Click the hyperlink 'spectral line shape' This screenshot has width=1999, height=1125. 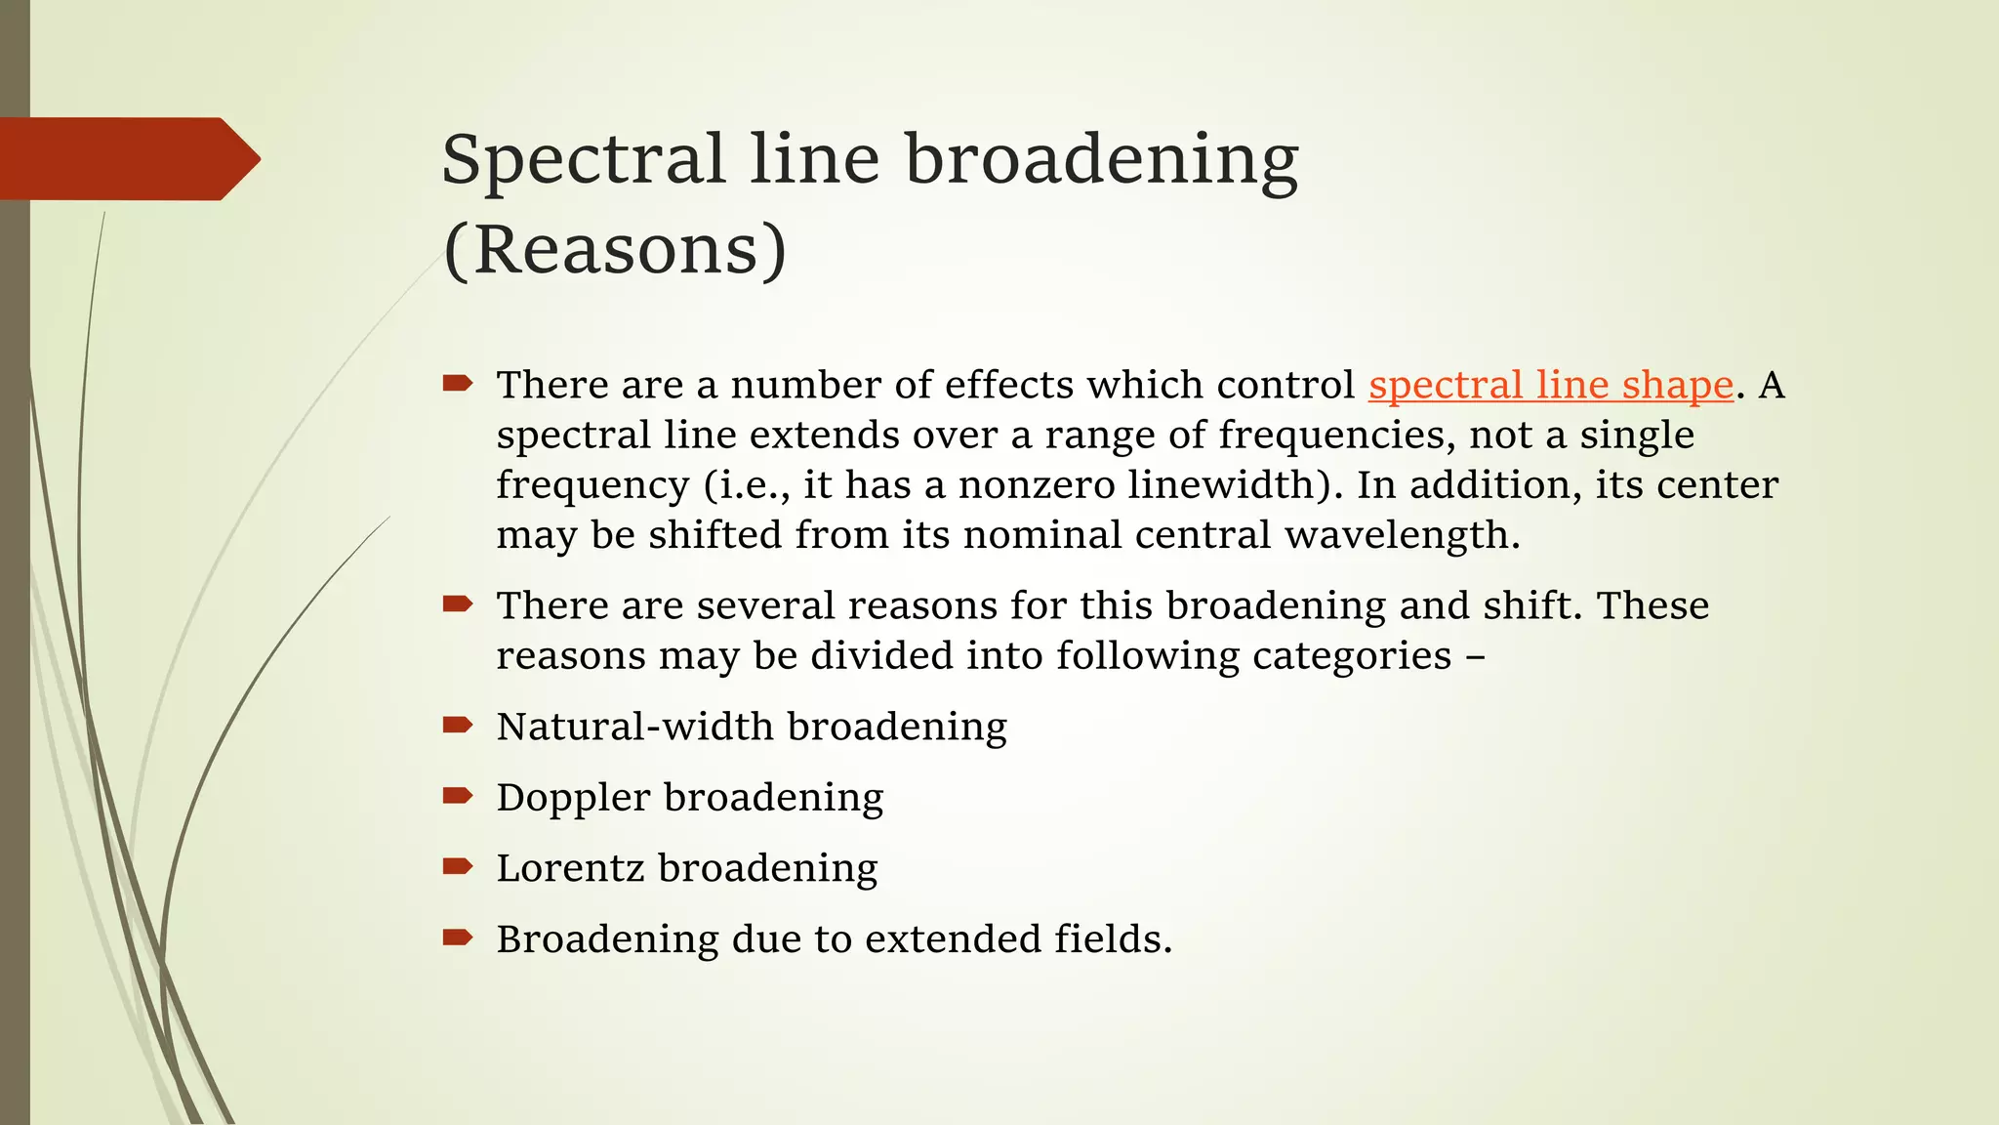point(1550,385)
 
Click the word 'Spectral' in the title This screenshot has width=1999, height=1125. point(584,158)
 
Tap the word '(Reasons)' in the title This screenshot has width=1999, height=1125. point(615,250)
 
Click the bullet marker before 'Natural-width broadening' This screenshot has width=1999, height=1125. point(457,725)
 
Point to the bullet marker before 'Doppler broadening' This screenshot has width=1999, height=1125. point(457,796)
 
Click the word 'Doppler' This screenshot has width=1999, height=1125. point(573,798)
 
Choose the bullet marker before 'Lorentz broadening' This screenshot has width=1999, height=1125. point(457,866)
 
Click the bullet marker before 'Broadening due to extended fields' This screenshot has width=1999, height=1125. point(457,938)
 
